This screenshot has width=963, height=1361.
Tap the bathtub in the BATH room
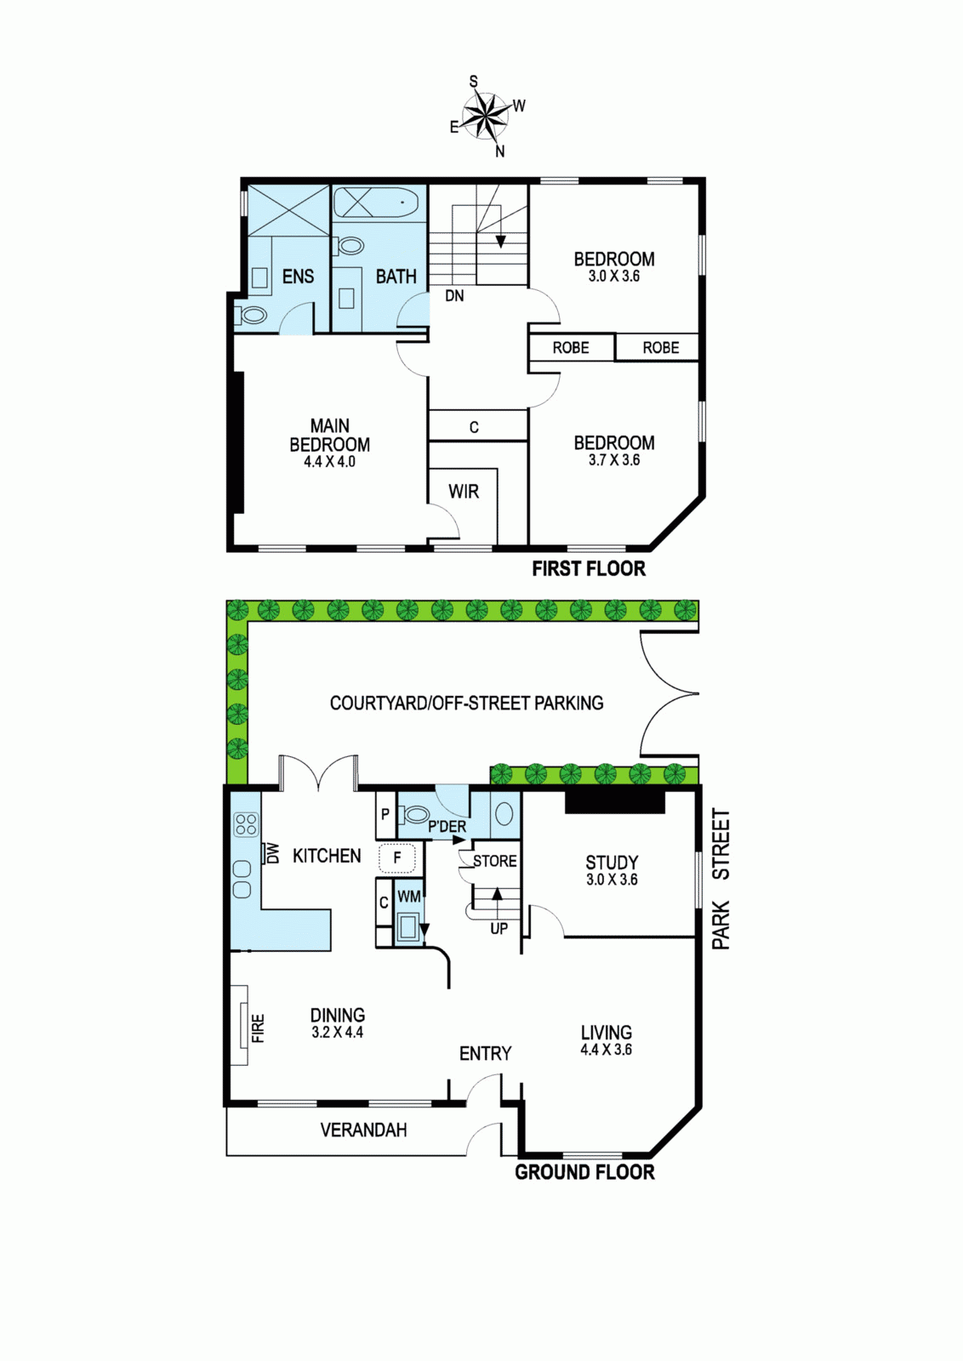[376, 204]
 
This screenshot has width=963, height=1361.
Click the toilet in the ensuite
[252, 316]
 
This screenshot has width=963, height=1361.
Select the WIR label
[464, 491]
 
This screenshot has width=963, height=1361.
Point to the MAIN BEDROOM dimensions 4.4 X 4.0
[329, 462]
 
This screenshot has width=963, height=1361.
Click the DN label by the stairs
[454, 296]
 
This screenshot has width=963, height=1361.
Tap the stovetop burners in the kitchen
[246, 825]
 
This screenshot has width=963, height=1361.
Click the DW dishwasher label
[271, 853]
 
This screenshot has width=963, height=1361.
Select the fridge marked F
[397, 858]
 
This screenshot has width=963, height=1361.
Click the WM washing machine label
[408, 897]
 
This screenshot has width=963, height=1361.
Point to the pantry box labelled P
[385, 814]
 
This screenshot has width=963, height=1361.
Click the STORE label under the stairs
[494, 861]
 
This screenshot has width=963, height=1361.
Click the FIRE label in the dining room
[259, 1028]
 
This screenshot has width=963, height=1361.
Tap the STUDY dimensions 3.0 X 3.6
[612, 880]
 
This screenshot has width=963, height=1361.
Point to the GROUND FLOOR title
[584, 1172]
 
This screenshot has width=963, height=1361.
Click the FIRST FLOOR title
[589, 569]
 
